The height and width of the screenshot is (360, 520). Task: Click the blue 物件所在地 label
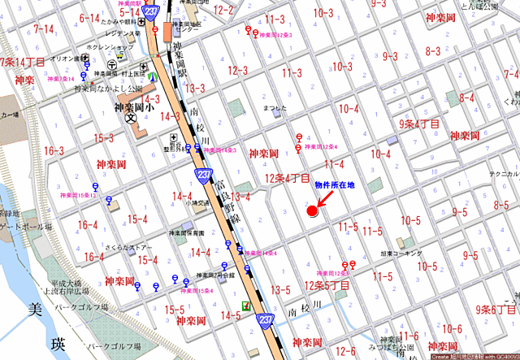pos(335,186)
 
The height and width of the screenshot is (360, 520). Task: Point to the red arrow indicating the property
pos(322,202)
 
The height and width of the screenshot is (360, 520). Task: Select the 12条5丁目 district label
pos(327,286)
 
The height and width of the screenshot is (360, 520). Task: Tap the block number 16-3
pos(54,151)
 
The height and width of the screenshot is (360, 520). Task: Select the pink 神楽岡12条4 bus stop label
pos(321,147)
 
